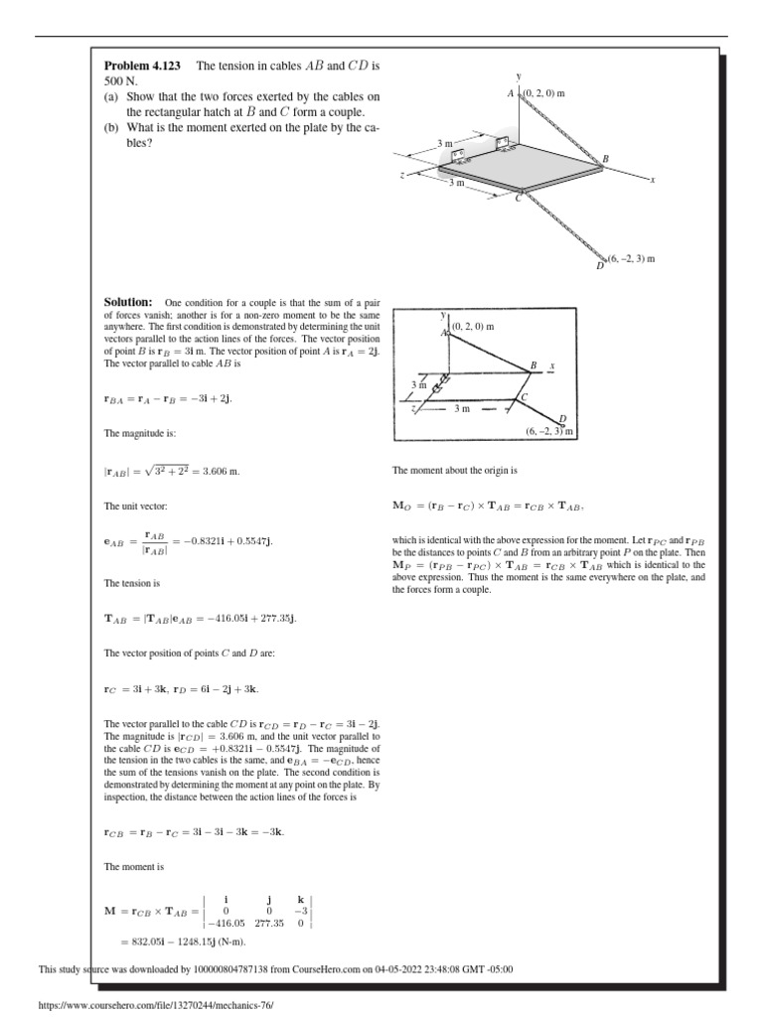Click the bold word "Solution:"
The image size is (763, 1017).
(x=128, y=302)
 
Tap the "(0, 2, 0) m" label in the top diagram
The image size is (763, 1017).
(x=544, y=92)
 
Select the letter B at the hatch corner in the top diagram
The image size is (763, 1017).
(x=605, y=159)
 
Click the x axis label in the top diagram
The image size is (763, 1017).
(x=652, y=180)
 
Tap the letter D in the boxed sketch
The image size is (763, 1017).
(x=562, y=419)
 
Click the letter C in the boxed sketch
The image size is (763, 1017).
(x=525, y=397)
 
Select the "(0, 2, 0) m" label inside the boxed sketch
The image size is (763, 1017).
(x=473, y=326)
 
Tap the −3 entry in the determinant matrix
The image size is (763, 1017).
(x=299, y=910)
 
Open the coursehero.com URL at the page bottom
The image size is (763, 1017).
(x=154, y=1005)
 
